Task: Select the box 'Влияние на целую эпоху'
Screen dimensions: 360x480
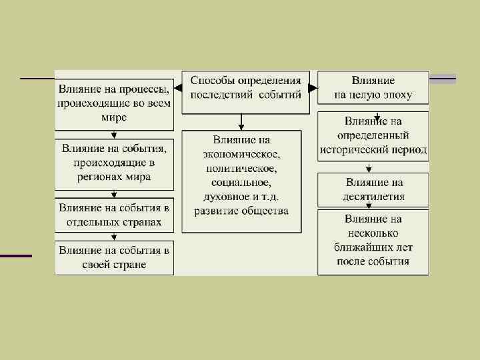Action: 373,88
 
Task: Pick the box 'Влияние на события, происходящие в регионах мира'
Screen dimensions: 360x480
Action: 115,163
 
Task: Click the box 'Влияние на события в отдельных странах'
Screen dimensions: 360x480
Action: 115,214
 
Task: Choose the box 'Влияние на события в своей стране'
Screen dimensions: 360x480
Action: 115,257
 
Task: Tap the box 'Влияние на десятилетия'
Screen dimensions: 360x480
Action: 373,189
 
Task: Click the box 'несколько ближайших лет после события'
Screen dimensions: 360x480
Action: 373,241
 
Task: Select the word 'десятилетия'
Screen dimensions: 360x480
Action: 375,197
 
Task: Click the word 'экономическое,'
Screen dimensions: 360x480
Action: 242,154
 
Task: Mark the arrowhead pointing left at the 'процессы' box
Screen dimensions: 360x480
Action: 178,87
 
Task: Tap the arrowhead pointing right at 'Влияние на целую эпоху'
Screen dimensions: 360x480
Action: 314,87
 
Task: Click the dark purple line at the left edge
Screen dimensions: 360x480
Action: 15,256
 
